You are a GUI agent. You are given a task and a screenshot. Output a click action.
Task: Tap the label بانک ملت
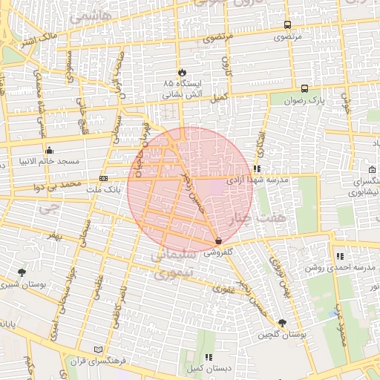(102, 190)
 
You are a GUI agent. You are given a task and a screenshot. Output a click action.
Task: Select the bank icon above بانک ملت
(103, 179)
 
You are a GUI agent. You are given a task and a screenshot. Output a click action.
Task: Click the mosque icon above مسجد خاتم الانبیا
(49, 149)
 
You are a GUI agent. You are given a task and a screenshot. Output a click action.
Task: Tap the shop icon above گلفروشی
(217, 241)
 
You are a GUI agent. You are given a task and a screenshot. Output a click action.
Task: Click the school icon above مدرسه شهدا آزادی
(257, 168)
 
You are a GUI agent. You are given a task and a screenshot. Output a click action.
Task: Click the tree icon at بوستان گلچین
(282, 322)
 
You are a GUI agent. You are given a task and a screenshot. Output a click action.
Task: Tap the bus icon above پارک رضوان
(305, 88)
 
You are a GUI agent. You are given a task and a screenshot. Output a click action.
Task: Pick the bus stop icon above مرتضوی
(287, 24)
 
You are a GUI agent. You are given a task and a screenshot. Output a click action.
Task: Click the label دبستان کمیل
(207, 368)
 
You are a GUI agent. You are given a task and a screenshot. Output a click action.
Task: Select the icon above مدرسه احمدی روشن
(340, 256)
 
